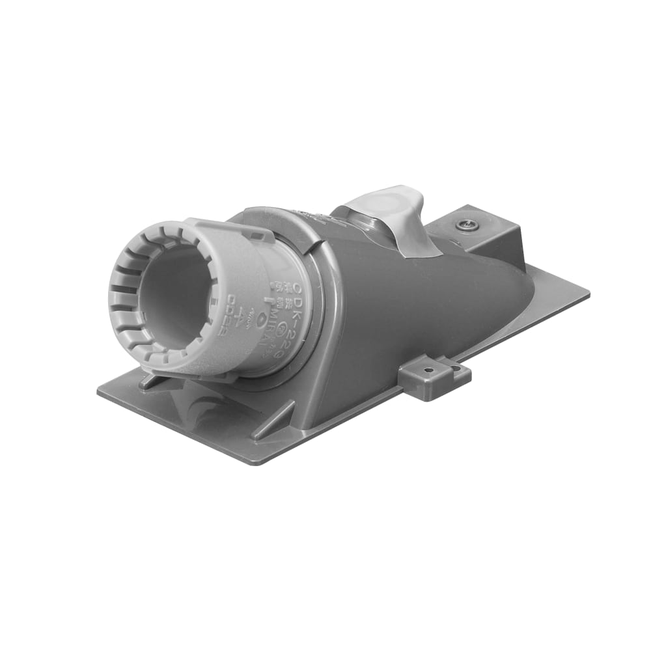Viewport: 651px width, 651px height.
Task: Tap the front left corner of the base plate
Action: tap(100, 391)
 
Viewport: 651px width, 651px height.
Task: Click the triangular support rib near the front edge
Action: tap(273, 420)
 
